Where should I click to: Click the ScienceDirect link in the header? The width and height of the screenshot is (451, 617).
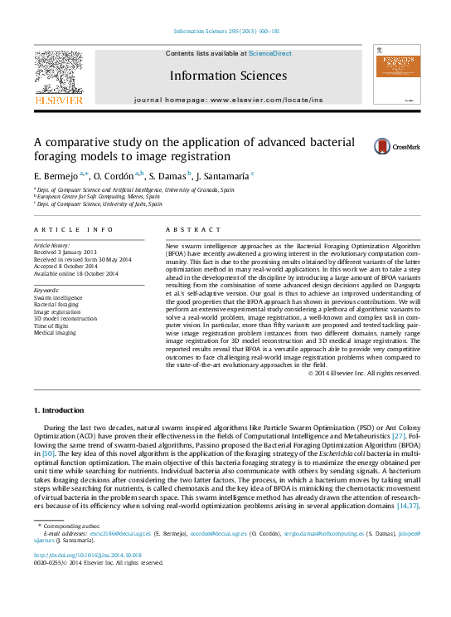270,53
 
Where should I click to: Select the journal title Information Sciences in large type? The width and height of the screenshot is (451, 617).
229,76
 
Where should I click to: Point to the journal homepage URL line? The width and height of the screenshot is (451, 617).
228,99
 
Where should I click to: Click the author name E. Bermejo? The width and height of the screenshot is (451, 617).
55,177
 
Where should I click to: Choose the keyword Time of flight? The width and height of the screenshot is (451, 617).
50,326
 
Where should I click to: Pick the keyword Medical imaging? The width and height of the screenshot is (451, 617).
53,333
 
